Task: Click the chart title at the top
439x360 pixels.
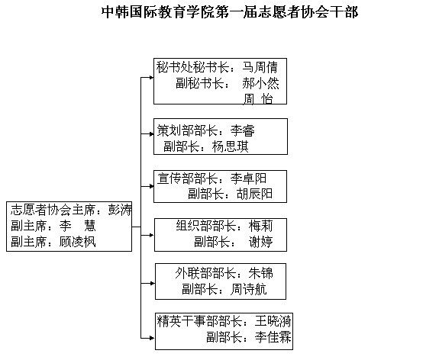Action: [230, 12]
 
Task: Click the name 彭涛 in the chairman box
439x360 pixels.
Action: [120, 210]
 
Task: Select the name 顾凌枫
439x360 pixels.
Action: [78, 242]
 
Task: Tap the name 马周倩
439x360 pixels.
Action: [260, 67]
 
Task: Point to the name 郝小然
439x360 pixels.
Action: [260, 83]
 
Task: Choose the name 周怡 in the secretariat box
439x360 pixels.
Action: [258, 99]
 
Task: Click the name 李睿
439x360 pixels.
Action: [243, 130]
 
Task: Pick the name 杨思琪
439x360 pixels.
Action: [230, 146]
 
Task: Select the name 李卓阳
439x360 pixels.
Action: [248, 178]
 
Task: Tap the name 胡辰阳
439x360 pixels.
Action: [254, 194]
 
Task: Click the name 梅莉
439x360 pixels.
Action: [260, 226]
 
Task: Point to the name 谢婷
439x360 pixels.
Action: [260, 242]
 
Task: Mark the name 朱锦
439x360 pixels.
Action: [260, 273]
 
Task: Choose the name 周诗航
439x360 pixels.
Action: [249, 289]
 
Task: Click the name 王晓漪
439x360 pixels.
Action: [273, 321]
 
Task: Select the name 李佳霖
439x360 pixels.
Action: [273, 337]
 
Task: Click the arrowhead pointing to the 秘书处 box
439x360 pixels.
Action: [152, 78]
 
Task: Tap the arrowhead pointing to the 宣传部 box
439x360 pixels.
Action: [152, 186]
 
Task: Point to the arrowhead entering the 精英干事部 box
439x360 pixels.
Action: [152, 338]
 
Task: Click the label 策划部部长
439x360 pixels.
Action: [188, 130]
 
